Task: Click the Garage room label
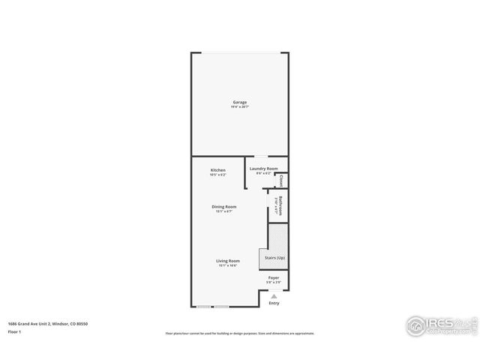coord(239,102)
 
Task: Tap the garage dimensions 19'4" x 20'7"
coord(239,107)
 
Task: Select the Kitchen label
coord(217,169)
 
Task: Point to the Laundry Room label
coord(264,169)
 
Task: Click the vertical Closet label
coord(281,181)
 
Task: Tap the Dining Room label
coord(223,206)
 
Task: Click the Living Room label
coord(228,261)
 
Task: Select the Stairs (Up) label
coord(274,258)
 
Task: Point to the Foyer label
coord(274,277)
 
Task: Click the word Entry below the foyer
coord(274,303)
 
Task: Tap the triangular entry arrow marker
coord(274,296)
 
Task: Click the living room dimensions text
coord(228,265)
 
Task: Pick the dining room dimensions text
coord(223,211)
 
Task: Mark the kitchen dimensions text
coord(217,174)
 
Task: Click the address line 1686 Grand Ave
coord(48,323)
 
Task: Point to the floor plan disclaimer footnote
coord(240,333)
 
